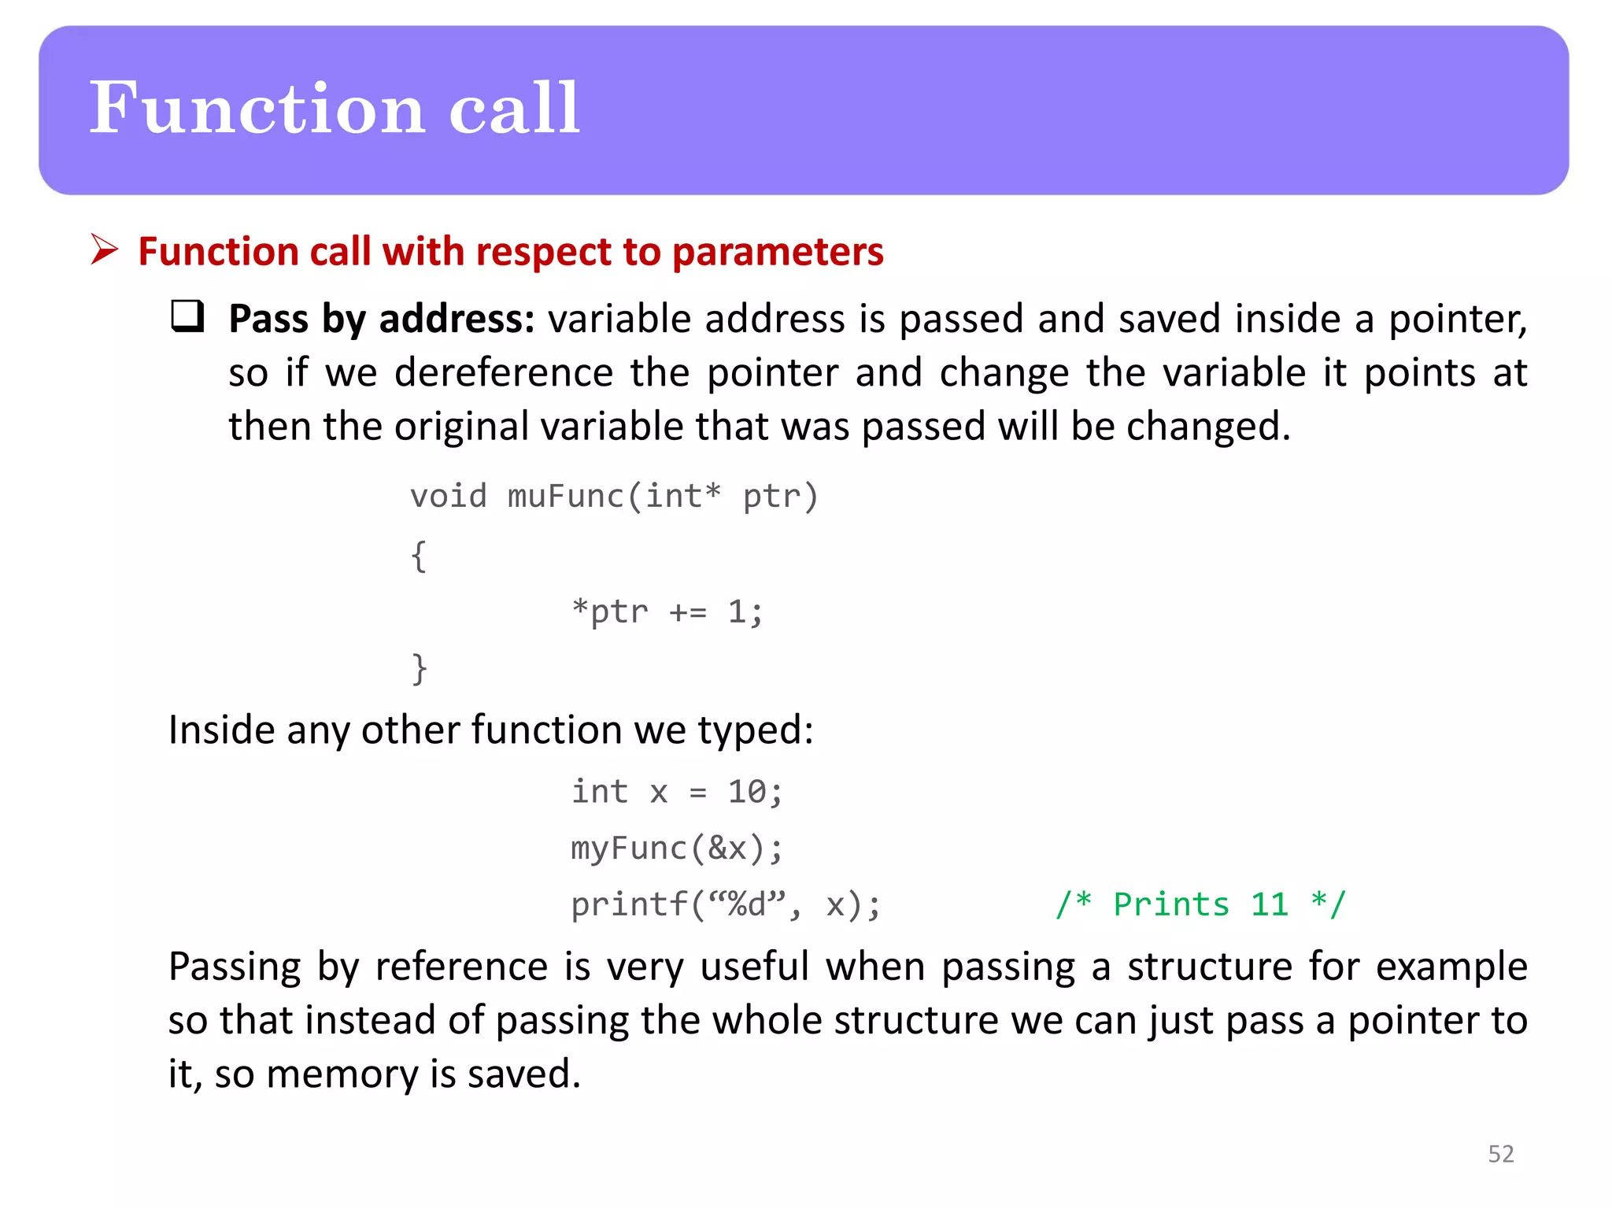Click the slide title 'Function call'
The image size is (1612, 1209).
coord(335,109)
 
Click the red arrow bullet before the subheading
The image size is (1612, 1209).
coord(104,250)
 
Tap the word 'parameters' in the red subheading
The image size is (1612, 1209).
coord(778,252)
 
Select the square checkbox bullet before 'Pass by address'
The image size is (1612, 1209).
coord(187,316)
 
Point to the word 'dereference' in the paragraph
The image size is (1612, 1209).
coord(504,372)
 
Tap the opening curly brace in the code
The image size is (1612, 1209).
coord(419,556)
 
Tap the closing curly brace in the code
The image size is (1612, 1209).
coord(419,669)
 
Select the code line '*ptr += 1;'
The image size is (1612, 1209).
coord(667,612)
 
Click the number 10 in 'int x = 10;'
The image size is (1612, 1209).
coord(745,792)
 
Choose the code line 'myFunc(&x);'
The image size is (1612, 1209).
coord(677,849)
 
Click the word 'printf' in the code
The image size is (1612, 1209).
coord(629,905)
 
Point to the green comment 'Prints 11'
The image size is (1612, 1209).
coord(1200,905)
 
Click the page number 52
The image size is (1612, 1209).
coord(1500,1154)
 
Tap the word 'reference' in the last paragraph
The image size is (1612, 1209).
coord(461,967)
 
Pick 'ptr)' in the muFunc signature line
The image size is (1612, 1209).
coord(780,497)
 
